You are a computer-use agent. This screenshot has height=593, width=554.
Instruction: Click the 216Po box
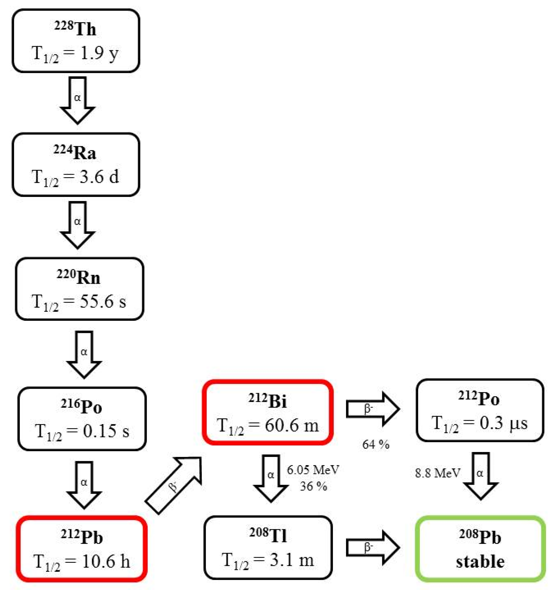coord(82,418)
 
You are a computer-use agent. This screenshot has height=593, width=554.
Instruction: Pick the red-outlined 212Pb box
coord(82,549)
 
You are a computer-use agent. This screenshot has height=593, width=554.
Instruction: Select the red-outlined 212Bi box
coord(267,413)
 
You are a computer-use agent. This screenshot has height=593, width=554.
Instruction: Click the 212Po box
coord(479,410)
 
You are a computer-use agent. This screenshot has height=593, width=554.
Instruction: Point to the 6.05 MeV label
coord(313,470)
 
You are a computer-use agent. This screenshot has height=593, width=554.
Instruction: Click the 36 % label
coord(313,486)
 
